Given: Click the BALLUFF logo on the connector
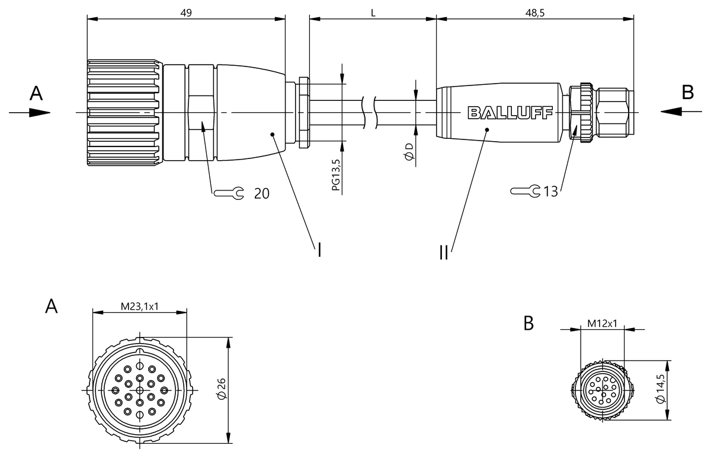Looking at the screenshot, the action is pyautogui.click(x=510, y=113).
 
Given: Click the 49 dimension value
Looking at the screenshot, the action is pyautogui.click(x=186, y=13).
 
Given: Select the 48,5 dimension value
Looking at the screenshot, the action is pyautogui.click(x=535, y=13).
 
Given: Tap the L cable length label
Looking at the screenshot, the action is pyautogui.click(x=373, y=13).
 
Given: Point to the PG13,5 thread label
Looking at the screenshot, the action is pyautogui.click(x=336, y=175).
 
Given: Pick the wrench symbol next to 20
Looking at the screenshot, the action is pyautogui.click(x=229, y=193).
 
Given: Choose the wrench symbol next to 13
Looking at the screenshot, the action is pyautogui.click(x=526, y=190).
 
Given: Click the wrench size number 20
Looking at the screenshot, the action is pyautogui.click(x=261, y=193).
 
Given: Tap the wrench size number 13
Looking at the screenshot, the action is pyautogui.click(x=550, y=192).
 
